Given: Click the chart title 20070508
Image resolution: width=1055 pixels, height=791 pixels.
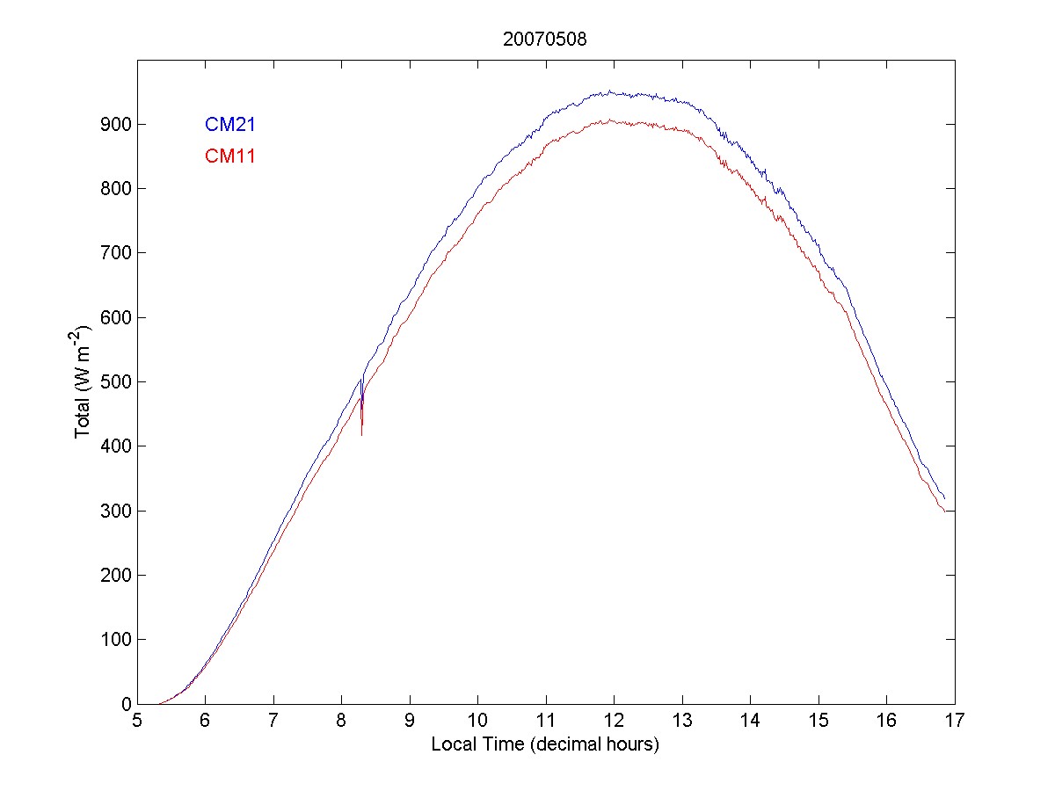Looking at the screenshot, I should [545, 40].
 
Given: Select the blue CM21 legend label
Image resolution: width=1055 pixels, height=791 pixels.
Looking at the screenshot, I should [229, 125].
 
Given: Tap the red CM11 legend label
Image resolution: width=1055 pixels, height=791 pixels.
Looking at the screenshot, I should [229, 156].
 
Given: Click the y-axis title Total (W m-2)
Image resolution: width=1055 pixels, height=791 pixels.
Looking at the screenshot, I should [84, 381].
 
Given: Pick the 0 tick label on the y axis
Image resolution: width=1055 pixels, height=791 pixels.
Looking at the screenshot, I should [126, 704].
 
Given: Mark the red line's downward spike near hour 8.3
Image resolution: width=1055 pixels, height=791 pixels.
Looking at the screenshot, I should [361, 434].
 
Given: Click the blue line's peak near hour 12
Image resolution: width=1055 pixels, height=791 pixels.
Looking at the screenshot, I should [610, 91].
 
